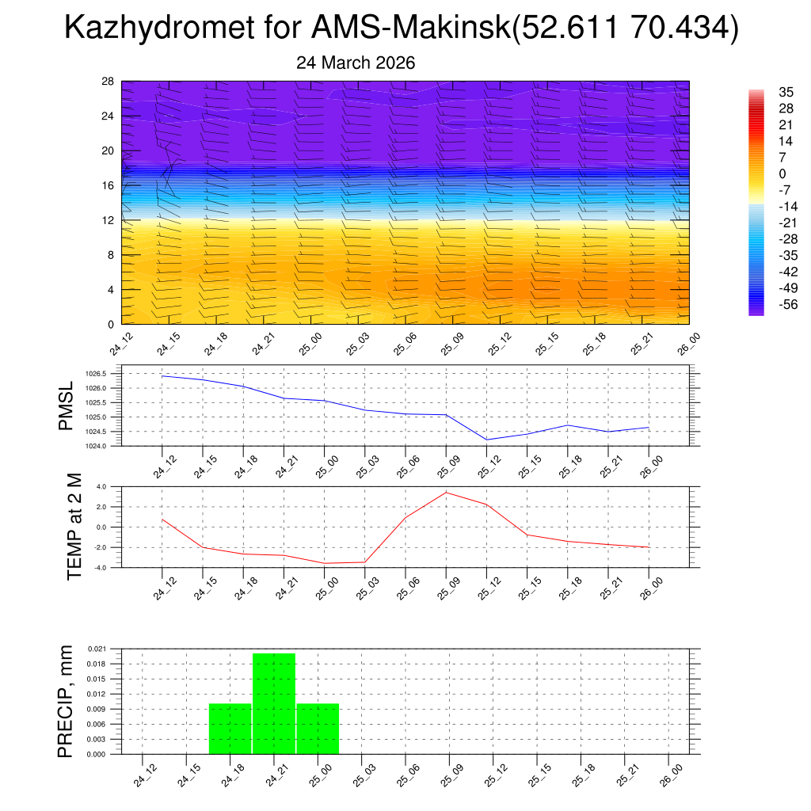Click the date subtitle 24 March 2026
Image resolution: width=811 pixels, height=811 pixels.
click(356, 63)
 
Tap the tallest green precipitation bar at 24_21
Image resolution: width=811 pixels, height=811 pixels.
click(274, 703)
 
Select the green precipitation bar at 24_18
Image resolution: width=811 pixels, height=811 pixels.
click(230, 729)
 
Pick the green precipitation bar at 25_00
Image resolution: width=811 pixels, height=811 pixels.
click(318, 729)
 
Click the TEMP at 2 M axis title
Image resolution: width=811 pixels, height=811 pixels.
click(74, 526)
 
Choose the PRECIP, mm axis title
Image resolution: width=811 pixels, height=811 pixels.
click(67, 701)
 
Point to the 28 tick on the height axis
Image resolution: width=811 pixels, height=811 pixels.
click(108, 82)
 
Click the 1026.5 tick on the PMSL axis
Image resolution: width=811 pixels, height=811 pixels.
click(94, 373)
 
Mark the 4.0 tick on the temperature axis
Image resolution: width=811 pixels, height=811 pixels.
click(101, 486)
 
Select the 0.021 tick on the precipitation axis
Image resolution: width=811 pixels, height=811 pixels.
click(96, 649)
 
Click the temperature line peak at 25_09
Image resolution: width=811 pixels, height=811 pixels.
click(446, 493)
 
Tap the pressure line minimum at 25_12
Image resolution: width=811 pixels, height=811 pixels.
click(486, 440)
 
